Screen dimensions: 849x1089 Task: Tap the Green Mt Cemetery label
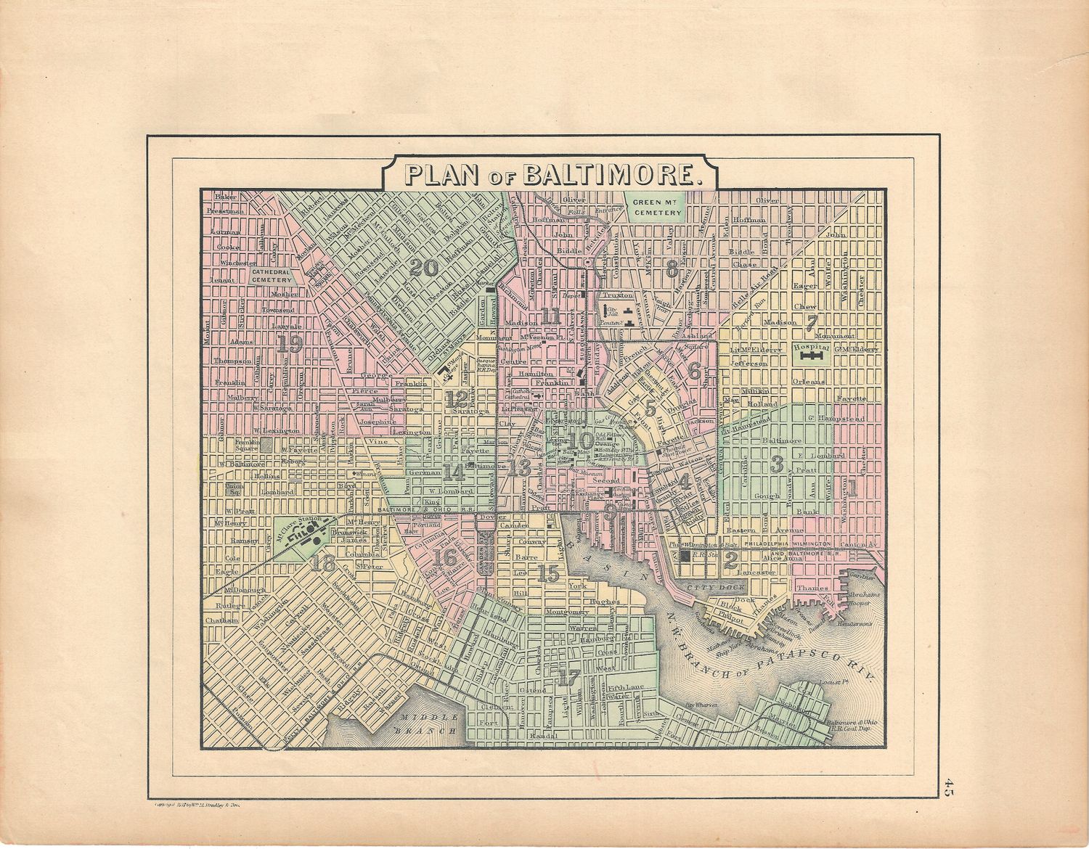tap(656, 208)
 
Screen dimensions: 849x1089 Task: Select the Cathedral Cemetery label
tap(272, 275)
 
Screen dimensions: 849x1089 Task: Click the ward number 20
tap(424, 268)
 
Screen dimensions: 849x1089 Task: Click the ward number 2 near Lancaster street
tap(731, 559)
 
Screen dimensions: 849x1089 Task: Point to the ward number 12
tap(457, 399)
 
